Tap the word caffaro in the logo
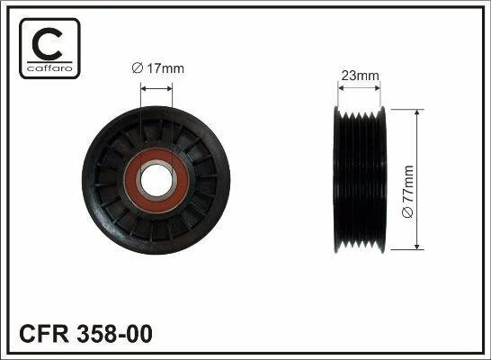(x=49, y=68)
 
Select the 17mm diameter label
(x=158, y=68)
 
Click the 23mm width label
(x=360, y=76)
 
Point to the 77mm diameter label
(x=407, y=192)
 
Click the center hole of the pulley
(x=156, y=180)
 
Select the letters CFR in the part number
(x=44, y=334)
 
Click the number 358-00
(x=114, y=334)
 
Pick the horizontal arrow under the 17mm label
(x=156, y=89)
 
